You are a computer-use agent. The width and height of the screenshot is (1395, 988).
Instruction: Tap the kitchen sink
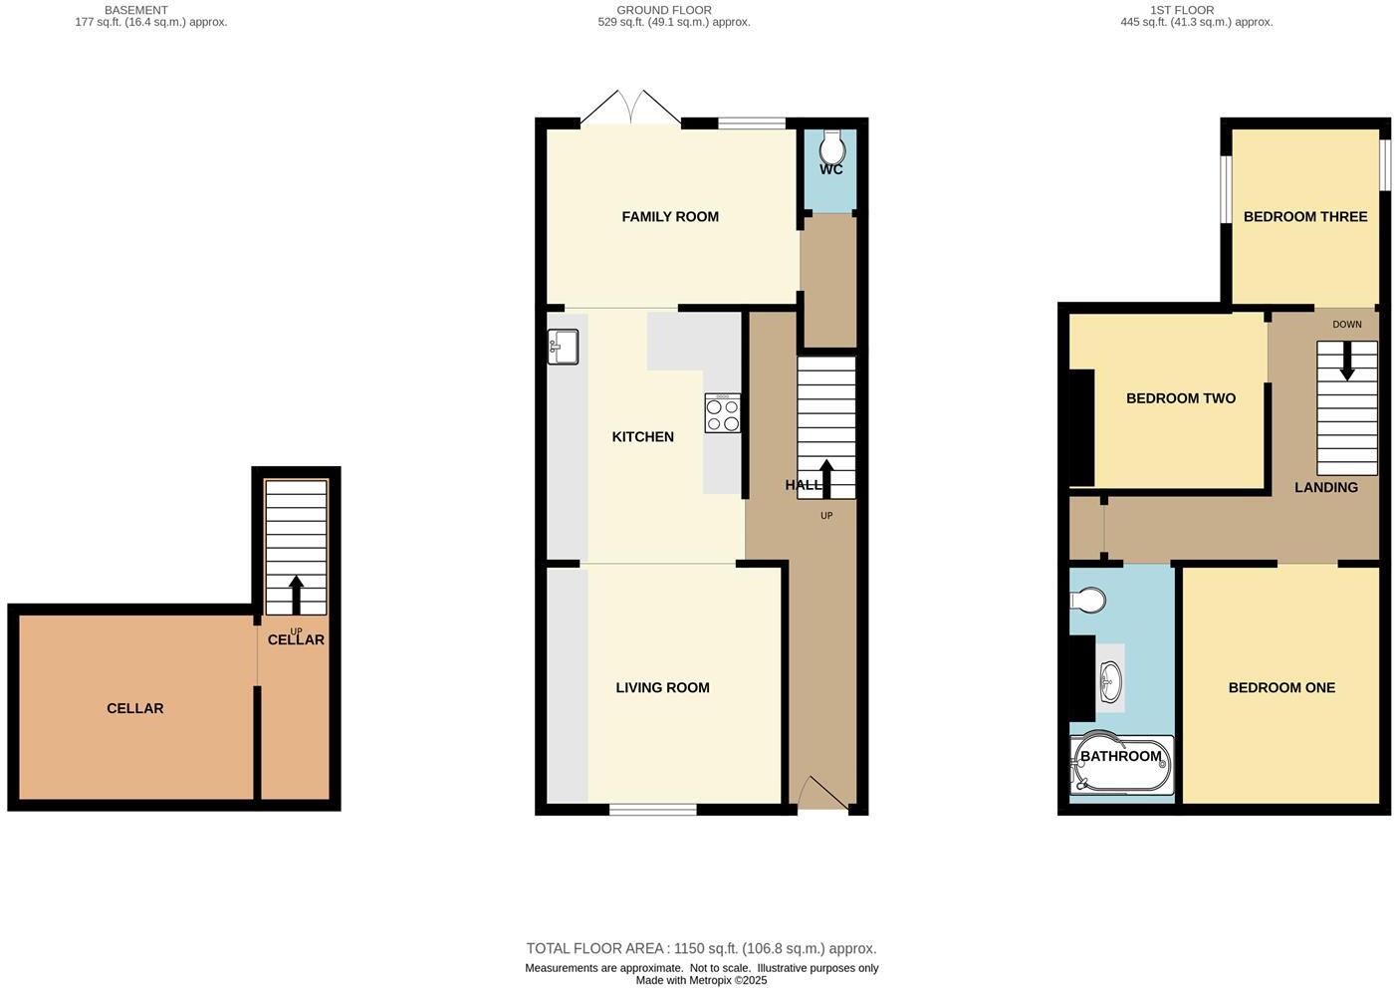click(563, 347)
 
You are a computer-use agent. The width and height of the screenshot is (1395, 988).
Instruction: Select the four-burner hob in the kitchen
click(723, 413)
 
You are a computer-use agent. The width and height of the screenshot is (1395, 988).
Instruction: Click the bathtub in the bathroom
click(1121, 765)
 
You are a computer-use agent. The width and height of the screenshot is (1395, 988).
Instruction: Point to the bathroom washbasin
click(1110, 682)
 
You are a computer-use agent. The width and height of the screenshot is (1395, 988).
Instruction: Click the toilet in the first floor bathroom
click(1087, 601)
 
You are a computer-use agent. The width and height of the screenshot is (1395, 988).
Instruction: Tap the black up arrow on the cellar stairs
click(296, 594)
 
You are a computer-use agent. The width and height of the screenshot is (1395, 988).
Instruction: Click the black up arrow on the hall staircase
click(825, 477)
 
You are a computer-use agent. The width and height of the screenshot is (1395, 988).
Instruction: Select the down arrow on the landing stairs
click(1347, 361)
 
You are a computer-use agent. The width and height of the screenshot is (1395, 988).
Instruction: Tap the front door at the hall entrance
click(822, 794)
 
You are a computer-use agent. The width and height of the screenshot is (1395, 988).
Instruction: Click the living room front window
click(652, 810)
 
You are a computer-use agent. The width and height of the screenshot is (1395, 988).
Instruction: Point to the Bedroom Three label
click(1304, 216)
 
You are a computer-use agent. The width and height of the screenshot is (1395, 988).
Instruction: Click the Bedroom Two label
click(1180, 398)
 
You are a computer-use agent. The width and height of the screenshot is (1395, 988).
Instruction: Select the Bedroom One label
click(1281, 687)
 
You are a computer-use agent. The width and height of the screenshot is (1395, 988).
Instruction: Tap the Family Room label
click(669, 216)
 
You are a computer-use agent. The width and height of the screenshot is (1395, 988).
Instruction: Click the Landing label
click(1325, 487)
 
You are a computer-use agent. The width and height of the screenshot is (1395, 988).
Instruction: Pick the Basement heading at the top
click(136, 10)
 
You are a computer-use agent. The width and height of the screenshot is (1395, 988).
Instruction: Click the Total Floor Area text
click(701, 948)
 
